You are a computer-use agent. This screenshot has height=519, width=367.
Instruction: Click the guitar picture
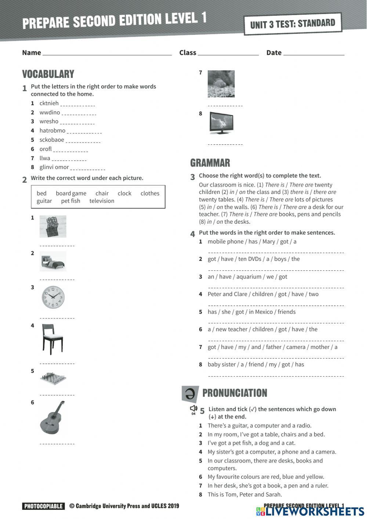pos(52,417)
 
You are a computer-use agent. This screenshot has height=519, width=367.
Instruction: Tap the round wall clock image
pos(53,297)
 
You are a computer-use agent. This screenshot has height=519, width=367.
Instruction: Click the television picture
pos(221,123)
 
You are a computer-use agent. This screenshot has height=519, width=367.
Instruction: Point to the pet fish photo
pos(221,84)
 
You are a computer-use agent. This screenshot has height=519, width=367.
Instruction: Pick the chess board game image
pos(53,379)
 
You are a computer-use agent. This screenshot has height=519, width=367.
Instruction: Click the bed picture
pos(53,262)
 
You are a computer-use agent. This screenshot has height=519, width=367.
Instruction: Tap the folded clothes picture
pos(53,227)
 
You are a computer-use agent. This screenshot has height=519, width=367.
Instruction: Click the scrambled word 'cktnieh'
pos(49,103)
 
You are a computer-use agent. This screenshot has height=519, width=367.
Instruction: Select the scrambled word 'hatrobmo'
pos(52,130)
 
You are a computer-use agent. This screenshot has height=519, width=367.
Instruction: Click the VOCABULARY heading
pos(48,74)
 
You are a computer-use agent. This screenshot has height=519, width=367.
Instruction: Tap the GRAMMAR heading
pos(210,163)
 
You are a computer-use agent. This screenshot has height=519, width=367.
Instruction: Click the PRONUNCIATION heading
pos(235,393)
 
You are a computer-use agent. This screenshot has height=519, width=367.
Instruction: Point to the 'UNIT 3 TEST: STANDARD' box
pos(292,24)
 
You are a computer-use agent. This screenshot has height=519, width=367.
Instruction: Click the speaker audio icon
pos(193,409)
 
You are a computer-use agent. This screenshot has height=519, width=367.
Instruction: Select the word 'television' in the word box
pos(102,201)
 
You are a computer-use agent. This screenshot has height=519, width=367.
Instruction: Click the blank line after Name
pos(107,53)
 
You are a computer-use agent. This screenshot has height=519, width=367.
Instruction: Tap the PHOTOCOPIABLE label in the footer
pos(43,506)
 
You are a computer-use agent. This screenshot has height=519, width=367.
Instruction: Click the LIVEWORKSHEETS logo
pos(310,511)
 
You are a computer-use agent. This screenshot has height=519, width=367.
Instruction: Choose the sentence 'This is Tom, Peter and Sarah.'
pos(244,494)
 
